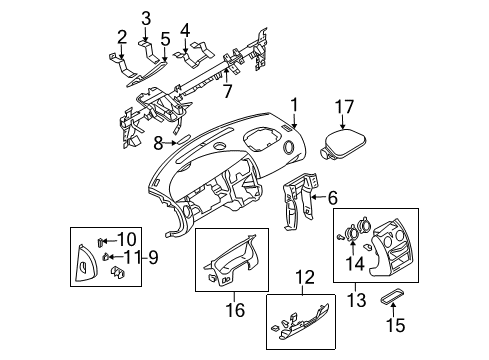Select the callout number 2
(x=121, y=37)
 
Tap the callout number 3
(x=146, y=17)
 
